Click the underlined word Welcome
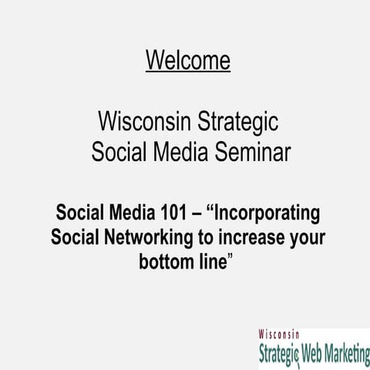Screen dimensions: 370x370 [187, 59]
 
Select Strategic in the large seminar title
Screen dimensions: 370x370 [238, 122]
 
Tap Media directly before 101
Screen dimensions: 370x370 [130, 212]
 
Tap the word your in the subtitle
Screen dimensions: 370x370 [304, 236]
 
